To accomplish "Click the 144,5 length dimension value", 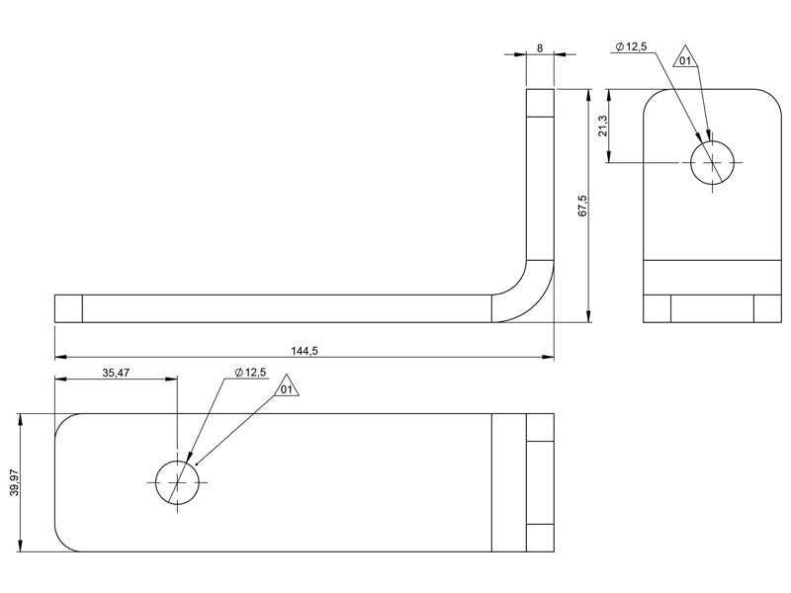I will tap(304, 350).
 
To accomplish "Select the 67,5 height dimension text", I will tap(582, 206).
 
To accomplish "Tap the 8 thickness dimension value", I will tap(540, 46).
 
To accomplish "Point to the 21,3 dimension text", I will tap(602, 127).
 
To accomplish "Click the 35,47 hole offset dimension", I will tap(116, 373).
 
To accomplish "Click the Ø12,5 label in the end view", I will tap(631, 46).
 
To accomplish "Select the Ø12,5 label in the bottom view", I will tap(250, 373).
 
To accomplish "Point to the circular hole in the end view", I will tap(712, 161).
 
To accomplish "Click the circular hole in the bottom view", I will tap(177, 481).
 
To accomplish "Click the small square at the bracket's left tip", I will tap(68, 308).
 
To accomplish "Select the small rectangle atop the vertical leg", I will tap(540, 103).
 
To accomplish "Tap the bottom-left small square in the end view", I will tap(657, 308).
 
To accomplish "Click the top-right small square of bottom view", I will tap(540, 427).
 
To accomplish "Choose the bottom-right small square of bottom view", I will tap(540, 538).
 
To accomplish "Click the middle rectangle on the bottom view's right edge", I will tap(540, 482).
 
